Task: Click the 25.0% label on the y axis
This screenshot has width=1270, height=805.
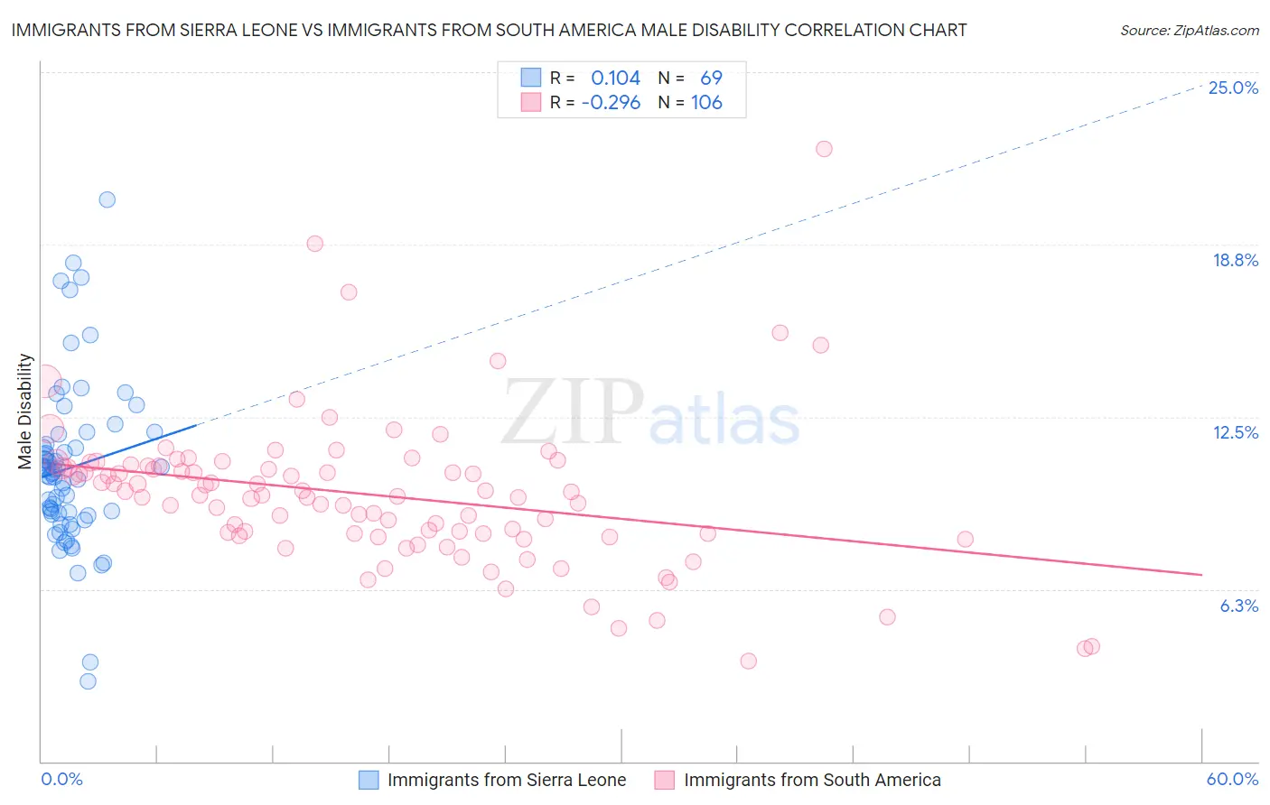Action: pyautogui.click(x=1233, y=88)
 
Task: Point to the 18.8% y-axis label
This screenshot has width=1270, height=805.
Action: pyautogui.click(x=1235, y=261)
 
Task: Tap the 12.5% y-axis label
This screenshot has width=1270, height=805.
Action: pyautogui.click(x=1235, y=433)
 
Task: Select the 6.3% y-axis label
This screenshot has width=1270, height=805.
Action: pyautogui.click(x=1238, y=606)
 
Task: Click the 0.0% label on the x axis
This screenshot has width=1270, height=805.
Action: pyautogui.click(x=61, y=780)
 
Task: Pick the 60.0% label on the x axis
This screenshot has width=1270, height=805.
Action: pyautogui.click(x=1232, y=780)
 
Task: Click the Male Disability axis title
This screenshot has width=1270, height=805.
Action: pyautogui.click(x=25, y=412)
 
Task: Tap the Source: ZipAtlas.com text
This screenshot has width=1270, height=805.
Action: pyautogui.click(x=1189, y=31)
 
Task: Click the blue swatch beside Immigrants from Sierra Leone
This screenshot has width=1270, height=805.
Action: pyautogui.click(x=369, y=780)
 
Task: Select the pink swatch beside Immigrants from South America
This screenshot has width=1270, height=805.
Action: pyautogui.click(x=665, y=780)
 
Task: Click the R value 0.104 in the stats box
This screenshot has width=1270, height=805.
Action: pyautogui.click(x=615, y=79)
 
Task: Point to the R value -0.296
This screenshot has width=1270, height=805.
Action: pyautogui.click(x=611, y=103)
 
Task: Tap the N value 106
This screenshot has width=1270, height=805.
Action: pyautogui.click(x=706, y=103)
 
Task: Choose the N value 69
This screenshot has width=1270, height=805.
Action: pyautogui.click(x=711, y=79)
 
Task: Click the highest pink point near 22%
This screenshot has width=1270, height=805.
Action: pyautogui.click(x=824, y=149)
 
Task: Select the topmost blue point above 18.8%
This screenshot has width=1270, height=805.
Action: pyautogui.click(x=107, y=199)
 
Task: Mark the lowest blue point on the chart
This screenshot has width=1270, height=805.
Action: pyautogui.click(x=88, y=681)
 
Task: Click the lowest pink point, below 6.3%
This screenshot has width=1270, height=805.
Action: pyautogui.click(x=748, y=662)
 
